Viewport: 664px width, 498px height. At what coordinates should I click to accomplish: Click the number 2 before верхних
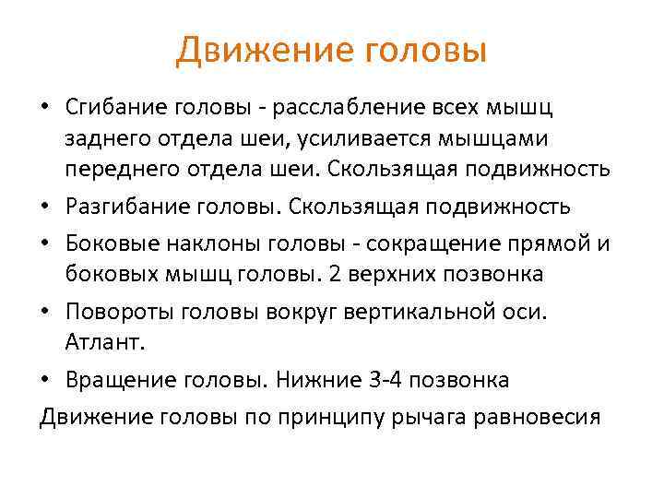(333, 274)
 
